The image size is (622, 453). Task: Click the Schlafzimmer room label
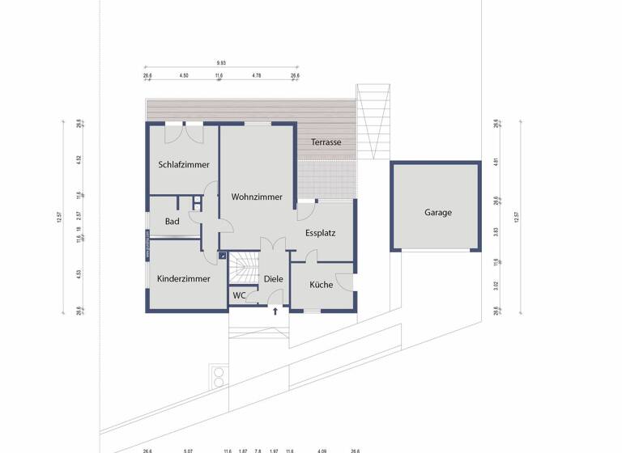[x=183, y=165]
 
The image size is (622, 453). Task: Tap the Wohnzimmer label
[x=257, y=197]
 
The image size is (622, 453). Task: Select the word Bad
[x=172, y=222]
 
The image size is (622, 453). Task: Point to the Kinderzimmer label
[x=184, y=278]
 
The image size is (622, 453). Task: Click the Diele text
[x=273, y=279]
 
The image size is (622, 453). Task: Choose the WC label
[x=239, y=296]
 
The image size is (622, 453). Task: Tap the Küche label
[x=321, y=285]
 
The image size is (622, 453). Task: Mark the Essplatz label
[x=321, y=233]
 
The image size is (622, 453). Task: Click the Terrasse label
[x=326, y=142]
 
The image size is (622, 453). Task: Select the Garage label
[x=438, y=213]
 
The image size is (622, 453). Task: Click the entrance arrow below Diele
[x=275, y=311]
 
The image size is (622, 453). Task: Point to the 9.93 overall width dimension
[x=221, y=62]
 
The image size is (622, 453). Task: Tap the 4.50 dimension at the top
[x=183, y=75]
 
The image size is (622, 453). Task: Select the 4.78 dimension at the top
[x=256, y=75]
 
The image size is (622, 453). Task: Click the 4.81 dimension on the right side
[x=496, y=160]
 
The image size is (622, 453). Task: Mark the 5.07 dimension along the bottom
[x=188, y=450]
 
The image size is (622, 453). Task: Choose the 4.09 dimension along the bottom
[x=322, y=450]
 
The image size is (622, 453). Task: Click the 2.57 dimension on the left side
[x=79, y=215]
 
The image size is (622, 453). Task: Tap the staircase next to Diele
[x=243, y=268]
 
